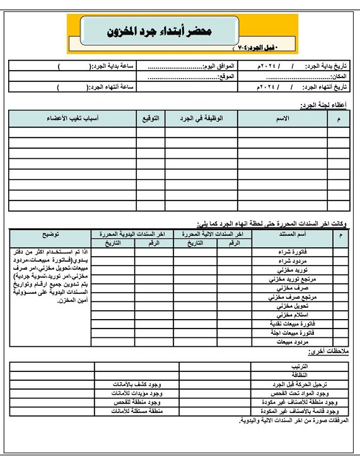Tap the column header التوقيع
pyautogui.click(x=151, y=118)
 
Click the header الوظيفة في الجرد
pyautogui.click(x=201, y=118)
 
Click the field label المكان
pyautogui.click(x=337, y=77)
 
